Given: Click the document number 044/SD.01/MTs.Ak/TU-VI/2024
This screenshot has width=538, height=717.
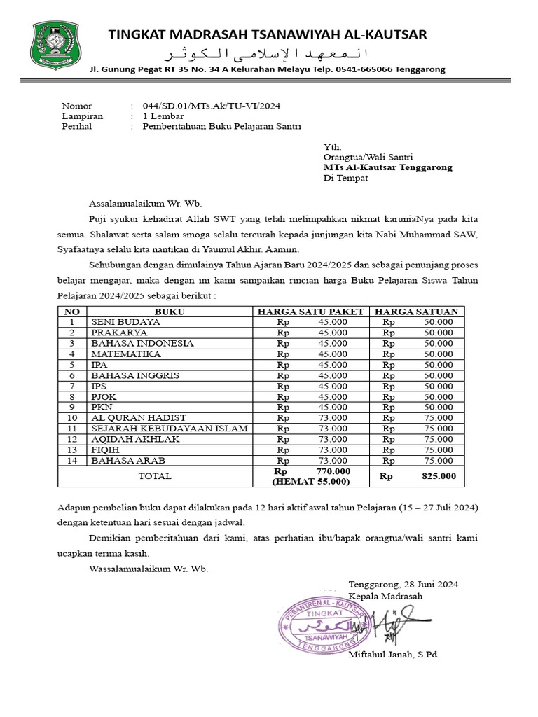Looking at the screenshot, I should point(212,106).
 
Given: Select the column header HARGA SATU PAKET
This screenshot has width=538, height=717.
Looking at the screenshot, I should point(310,312).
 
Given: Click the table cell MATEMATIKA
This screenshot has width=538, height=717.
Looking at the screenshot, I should point(116,354).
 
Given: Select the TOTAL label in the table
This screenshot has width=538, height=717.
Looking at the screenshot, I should point(155,476).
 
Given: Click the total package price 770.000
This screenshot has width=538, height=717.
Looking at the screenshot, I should point(333,471).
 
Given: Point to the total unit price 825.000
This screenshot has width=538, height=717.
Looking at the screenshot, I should point(438,476).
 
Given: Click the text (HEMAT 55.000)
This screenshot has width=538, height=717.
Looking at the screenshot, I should point(311,482).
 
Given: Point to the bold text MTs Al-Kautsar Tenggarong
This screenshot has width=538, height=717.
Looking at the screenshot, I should point(387,167).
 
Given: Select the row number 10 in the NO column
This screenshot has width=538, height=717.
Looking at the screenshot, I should point(71,417).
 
